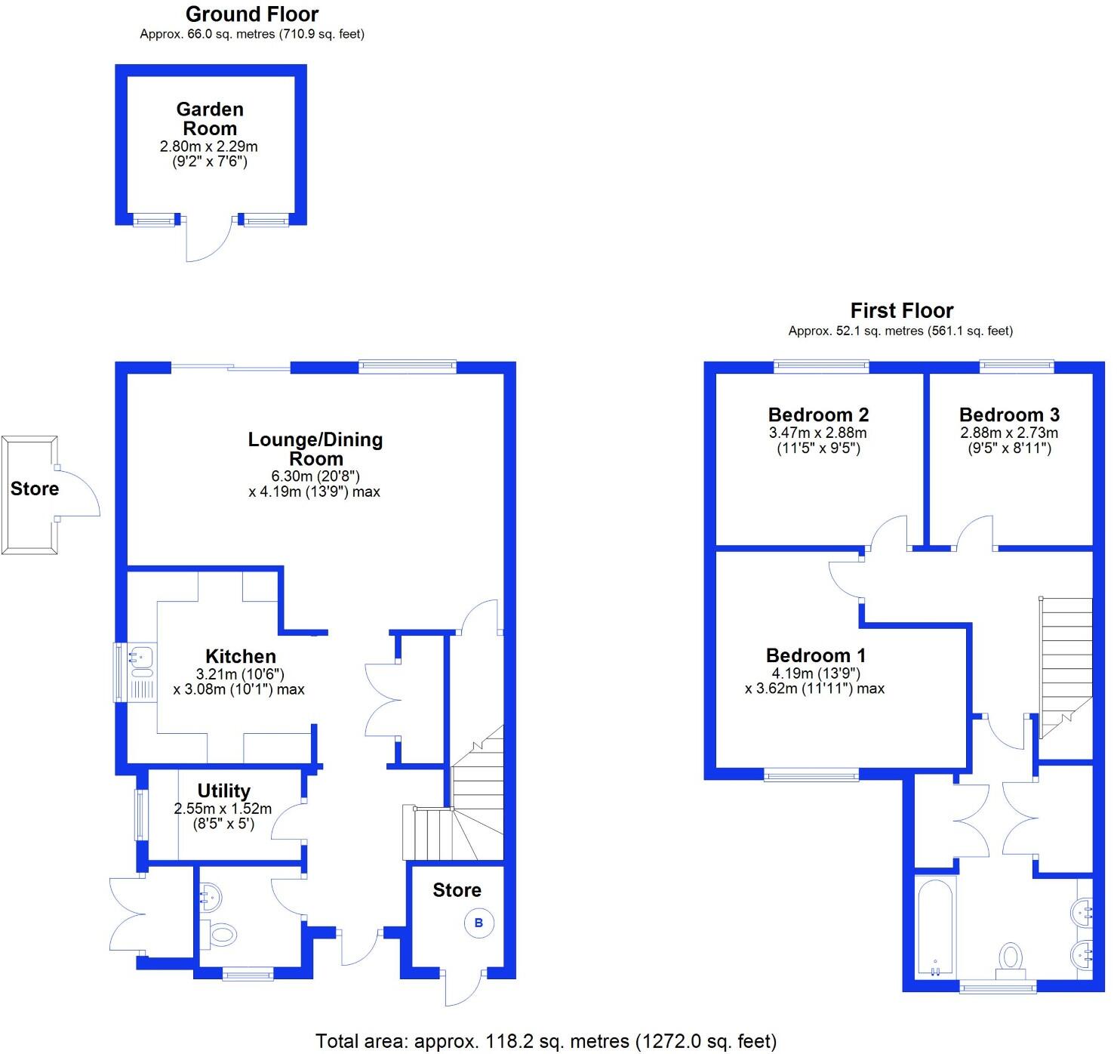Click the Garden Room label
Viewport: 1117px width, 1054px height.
pyautogui.click(x=210, y=119)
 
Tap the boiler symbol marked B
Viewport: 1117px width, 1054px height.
pyautogui.click(x=478, y=923)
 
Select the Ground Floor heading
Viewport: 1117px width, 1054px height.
pyautogui.click(x=252, y=14)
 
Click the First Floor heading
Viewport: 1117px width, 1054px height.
pyautogui.click(x=901, y=310)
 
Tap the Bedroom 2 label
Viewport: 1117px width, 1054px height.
pyautogui.click(x=818, y=415)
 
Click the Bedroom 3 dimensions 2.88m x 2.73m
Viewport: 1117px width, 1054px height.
pyautogui.click(x=1008, y=433)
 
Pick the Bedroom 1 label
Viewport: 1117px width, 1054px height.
pyautogui.click(x=816, y=655)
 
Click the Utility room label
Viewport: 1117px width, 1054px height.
pyautogui.click(x=223, y=790)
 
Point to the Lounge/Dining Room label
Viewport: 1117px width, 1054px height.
pyautogui.click(x=315, y=448)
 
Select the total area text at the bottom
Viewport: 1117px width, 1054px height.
pyautogui.click(x=545, y=1042)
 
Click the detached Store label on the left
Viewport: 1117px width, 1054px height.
pyautogui.click(x=35, y=488)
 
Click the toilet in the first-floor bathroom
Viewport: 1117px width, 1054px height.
pyautogui.click(x=1010, y=957)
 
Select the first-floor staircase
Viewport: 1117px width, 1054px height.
pyautogui.click(x=1066, y=664)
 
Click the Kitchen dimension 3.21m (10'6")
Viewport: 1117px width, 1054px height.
pyautogui.click(x=240, y=673)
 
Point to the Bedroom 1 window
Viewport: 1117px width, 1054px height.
pyautogui.click(x=811, y=775)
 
